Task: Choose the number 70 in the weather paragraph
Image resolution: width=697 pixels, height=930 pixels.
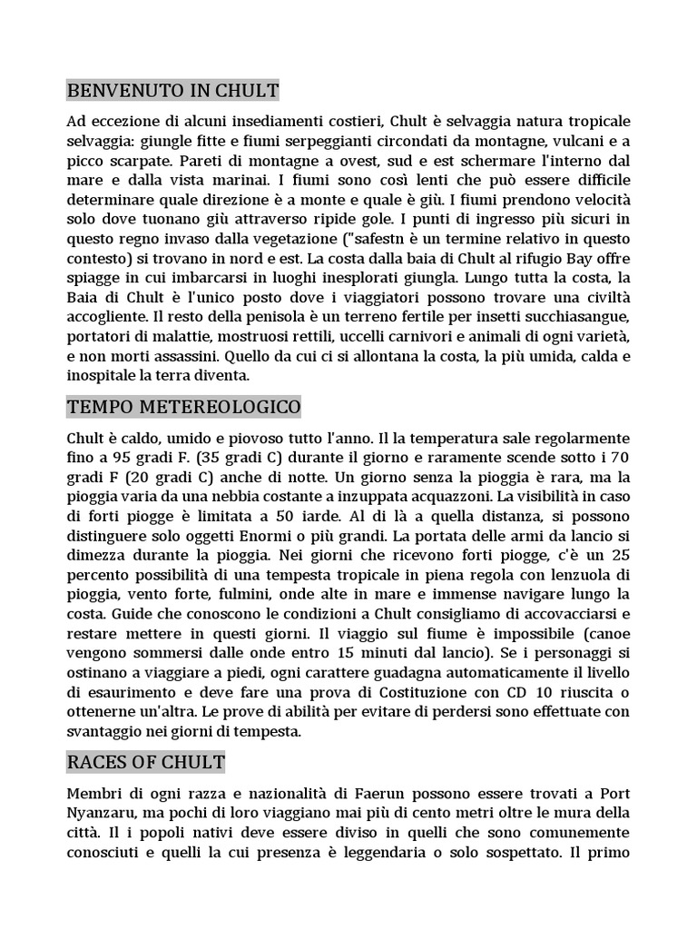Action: (619, 456)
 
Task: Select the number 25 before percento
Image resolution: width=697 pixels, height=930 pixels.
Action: (621, 555)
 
